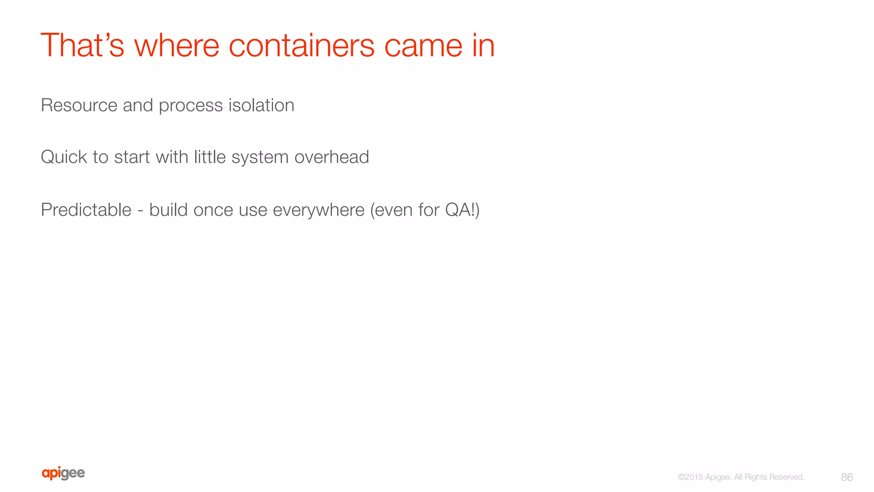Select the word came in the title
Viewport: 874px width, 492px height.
pyautogui.click(x=423, y=46)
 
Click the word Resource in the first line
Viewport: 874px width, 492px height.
pyautogui.click(x=79, y=105)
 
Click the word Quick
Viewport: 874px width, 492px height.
pyautogui.click(x=64, y=157)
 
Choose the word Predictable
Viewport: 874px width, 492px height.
pyautogui.click(x=86, y=210)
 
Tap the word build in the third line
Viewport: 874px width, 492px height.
pyautogui.click(x=168, y=210)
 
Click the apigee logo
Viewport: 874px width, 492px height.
pyautogui.click(x=63, y=473)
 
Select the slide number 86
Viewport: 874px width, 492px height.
pyautogui.click(x=847, y=477)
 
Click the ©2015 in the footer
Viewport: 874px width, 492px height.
pyautogui.click(x=690, y=477)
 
